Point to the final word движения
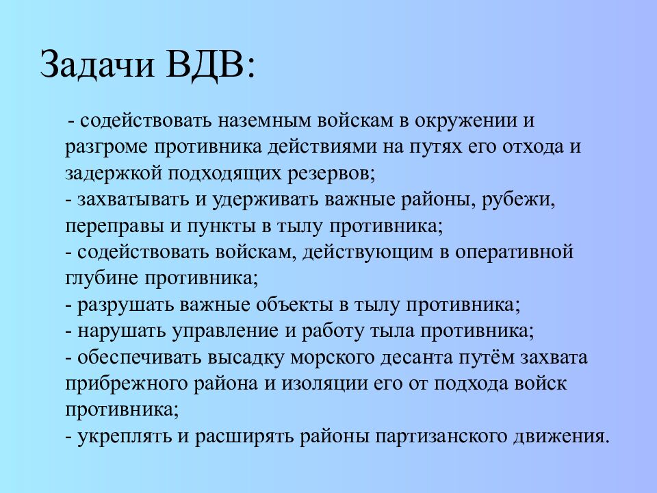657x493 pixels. coord(563,437)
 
